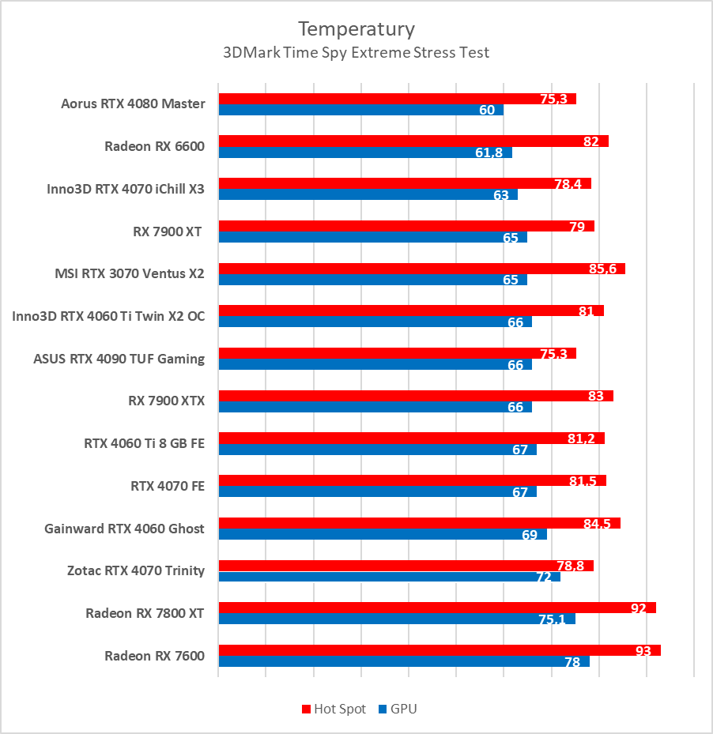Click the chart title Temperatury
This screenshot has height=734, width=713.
tap(356, 29)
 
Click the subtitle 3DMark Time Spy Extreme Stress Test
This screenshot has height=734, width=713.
tap(356, 53)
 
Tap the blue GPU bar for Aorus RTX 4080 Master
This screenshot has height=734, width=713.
tap(348, 110)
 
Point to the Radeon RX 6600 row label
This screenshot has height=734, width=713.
tap(154, 146)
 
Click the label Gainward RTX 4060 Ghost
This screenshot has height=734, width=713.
tap(124, 529)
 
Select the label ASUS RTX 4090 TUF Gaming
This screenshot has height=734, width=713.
tap(119, 359)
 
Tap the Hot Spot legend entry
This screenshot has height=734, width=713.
tap(334, 709)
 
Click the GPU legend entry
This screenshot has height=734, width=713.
tap(398, 709)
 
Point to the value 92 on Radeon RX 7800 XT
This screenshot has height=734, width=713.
tap(639, 608)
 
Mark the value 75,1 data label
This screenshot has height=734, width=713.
tap(552, 619)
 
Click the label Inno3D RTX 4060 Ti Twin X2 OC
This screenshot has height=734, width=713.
tap(108, 316)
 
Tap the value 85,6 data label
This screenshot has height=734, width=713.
tap(602, 269)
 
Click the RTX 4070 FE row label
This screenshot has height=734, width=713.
tap(167, 486)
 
